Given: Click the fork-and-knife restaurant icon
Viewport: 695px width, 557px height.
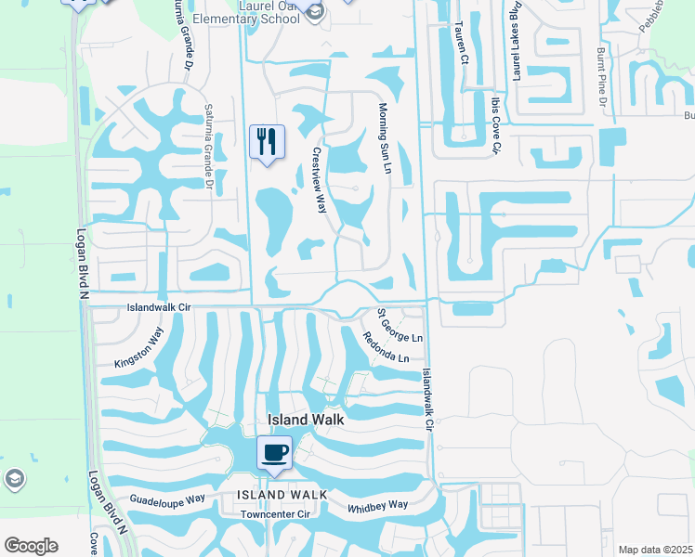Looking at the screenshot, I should pos(267,142).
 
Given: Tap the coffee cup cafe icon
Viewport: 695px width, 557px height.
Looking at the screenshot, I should pos(274,453).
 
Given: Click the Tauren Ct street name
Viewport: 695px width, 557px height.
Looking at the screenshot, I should pos(460,43).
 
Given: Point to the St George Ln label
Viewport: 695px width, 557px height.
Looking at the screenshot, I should pos(400,326).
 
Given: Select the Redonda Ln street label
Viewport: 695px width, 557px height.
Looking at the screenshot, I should pos(386,347).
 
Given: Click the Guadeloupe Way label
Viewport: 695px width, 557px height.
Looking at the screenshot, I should pos(168,499).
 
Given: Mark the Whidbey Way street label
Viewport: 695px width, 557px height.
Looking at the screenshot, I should pos(377,506).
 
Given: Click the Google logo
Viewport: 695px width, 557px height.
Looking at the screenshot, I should pos(31,546).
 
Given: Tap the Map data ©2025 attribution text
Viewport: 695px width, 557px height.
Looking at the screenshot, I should pos(655,550).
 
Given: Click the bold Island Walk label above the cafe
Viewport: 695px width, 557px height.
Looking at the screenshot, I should pos(306,420).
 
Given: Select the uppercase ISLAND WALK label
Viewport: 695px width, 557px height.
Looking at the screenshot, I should pos(282,495).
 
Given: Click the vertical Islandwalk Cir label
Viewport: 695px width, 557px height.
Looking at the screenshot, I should pos(427,400).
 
